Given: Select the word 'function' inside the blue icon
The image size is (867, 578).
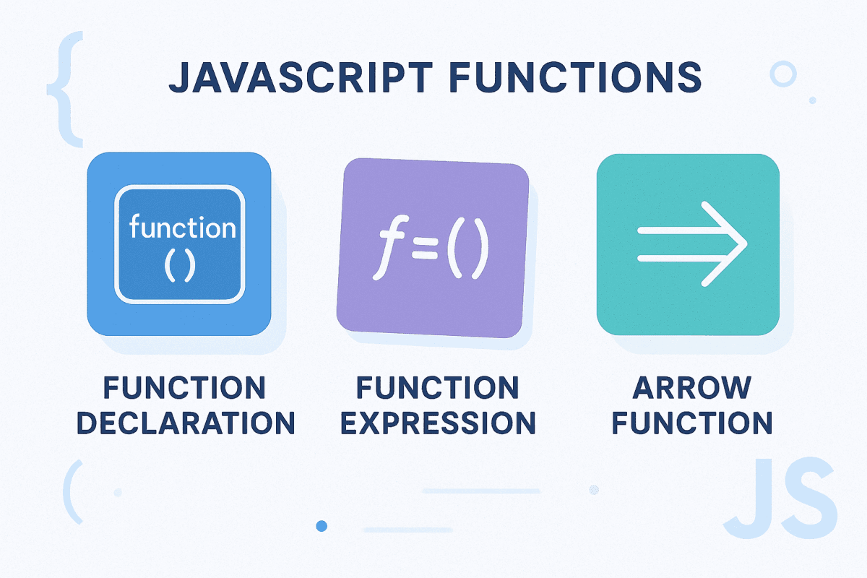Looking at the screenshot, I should point(182,228).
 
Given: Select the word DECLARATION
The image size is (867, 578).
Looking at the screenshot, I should point(186,423).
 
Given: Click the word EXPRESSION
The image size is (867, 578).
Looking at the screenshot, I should point(438,423).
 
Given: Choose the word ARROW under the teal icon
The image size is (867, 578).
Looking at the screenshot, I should point(691,388).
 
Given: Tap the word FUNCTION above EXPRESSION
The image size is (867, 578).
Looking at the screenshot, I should point(438,388).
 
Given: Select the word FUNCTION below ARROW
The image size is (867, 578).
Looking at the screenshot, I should point(691,423).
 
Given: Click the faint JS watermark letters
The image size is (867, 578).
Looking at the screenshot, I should point(780,499).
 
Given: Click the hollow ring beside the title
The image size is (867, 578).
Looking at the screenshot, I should point(782,74).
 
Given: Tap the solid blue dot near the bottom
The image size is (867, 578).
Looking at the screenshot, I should point(322,526).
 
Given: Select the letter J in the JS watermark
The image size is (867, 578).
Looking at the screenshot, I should point(751,499).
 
